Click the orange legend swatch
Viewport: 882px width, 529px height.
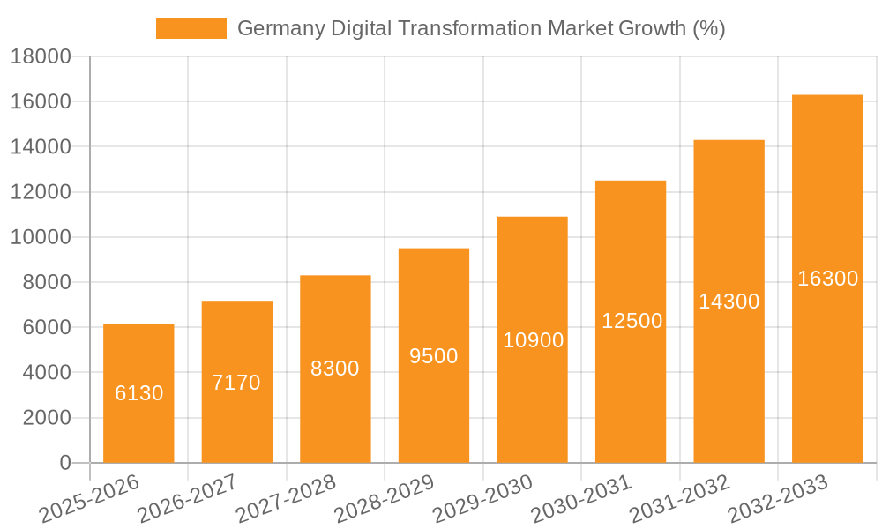click(x=191, y=28)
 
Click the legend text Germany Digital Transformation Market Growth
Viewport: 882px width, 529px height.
click(x=481, y=28)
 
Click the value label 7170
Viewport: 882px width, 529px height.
click(x=236, y=383)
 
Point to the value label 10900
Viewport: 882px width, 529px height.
click(x=533, y=340)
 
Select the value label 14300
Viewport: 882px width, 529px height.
click(x=729, y=302)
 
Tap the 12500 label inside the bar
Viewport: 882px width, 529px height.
click(x=632, y=321)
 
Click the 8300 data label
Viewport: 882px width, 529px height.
click(x=335, y=369)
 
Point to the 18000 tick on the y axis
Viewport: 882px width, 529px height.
click(x=41, y=57)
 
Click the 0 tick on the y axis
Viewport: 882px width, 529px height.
click(x=64, y=463)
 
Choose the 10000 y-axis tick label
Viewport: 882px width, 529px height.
click(x=41, y=237)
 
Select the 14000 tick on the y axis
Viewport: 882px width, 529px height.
click(x=41, y=147)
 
